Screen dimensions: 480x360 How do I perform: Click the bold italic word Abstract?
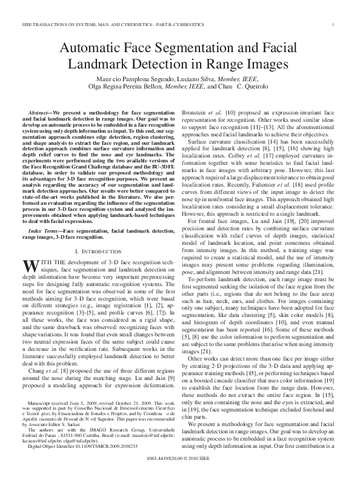click(x=41, y=113)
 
